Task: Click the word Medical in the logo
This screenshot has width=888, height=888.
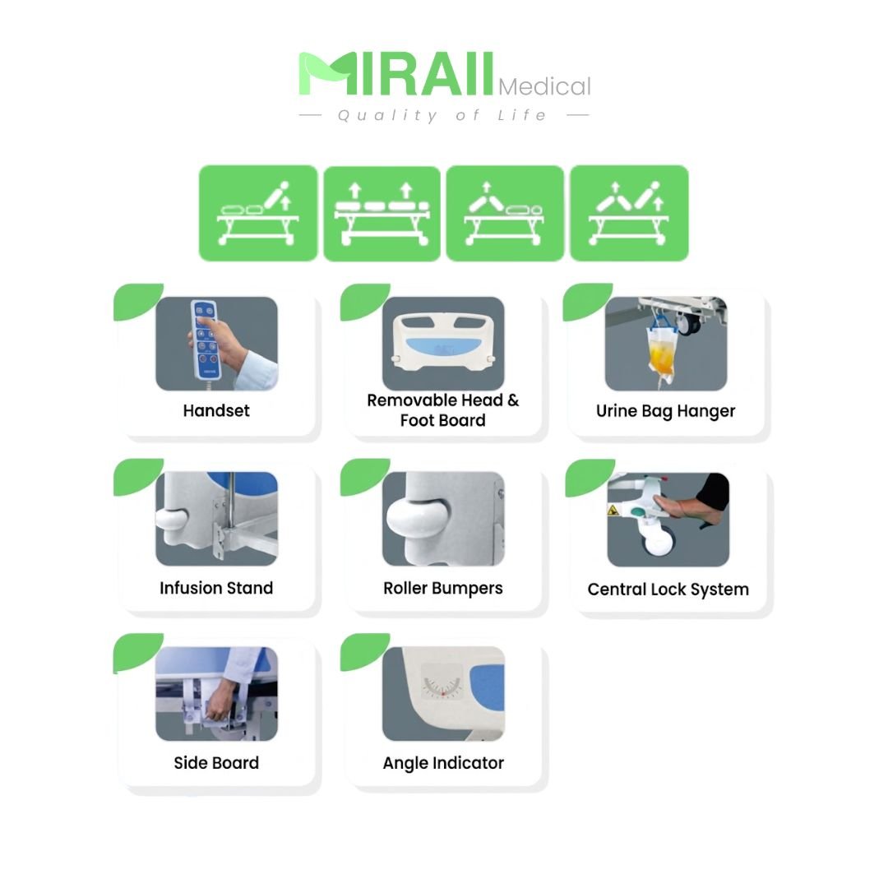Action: [x=544, y=86]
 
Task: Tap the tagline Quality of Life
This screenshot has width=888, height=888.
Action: [x=443, y=116]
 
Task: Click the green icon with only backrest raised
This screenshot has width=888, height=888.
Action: [x=257, y=213]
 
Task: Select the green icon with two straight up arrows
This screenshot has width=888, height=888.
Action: [x=382, y=214]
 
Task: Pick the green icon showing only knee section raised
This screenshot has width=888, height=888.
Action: [x=505, y=214]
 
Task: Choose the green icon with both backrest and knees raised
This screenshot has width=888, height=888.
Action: [x=629, y=213]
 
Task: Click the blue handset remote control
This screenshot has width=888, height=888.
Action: [x=205, y=340]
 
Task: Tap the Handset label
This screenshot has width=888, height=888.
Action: [x=215, y=410]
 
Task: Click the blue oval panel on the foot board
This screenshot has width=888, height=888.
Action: [x=443, y=347]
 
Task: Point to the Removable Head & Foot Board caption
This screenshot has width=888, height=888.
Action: [x=443, y=410]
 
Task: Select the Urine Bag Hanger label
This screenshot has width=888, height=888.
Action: [x=665, y=411]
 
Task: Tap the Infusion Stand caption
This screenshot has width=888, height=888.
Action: [x=215, y=588]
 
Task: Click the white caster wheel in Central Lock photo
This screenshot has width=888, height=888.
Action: [x=657, y=541]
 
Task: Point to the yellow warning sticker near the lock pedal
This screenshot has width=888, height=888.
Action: [x=613, y=510]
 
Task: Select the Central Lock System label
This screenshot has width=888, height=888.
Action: [x=668, y=590]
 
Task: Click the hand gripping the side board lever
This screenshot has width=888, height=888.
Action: [x=220, y=702]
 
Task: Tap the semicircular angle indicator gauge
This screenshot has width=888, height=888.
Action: [x=443, y=683]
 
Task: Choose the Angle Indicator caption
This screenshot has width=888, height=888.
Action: [x=443, y=763]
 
